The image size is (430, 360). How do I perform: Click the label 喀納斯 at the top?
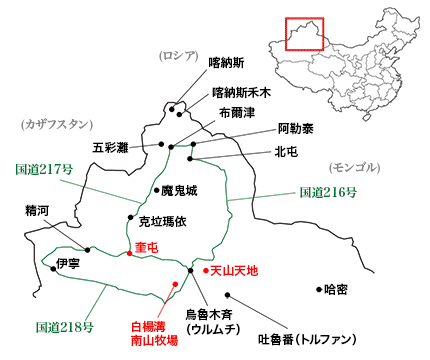[225, 61]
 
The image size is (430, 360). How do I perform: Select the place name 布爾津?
[237, 111]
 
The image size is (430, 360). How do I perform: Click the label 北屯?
[287, 153]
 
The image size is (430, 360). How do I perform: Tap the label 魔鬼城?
[182, 189]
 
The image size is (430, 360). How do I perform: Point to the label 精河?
[38, 212]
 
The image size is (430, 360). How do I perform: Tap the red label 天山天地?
[235, 270]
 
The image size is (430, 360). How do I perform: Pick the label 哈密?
[337, 289]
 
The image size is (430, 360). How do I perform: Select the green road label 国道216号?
[327, 192]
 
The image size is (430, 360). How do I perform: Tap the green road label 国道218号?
[64, 326]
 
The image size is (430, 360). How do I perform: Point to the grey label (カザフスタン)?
[62, 124]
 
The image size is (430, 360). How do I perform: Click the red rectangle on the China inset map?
[304, 33]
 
